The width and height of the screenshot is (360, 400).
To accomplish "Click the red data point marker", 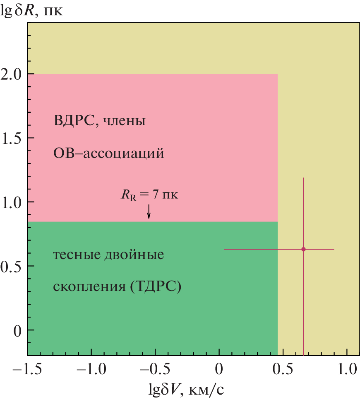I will point(303,249).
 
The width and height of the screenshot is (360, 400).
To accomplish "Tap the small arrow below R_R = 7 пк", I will point(149,212).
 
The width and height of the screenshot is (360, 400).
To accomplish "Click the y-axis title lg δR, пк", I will point(32,9).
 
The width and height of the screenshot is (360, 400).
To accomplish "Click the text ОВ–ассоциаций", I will point(109,154).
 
